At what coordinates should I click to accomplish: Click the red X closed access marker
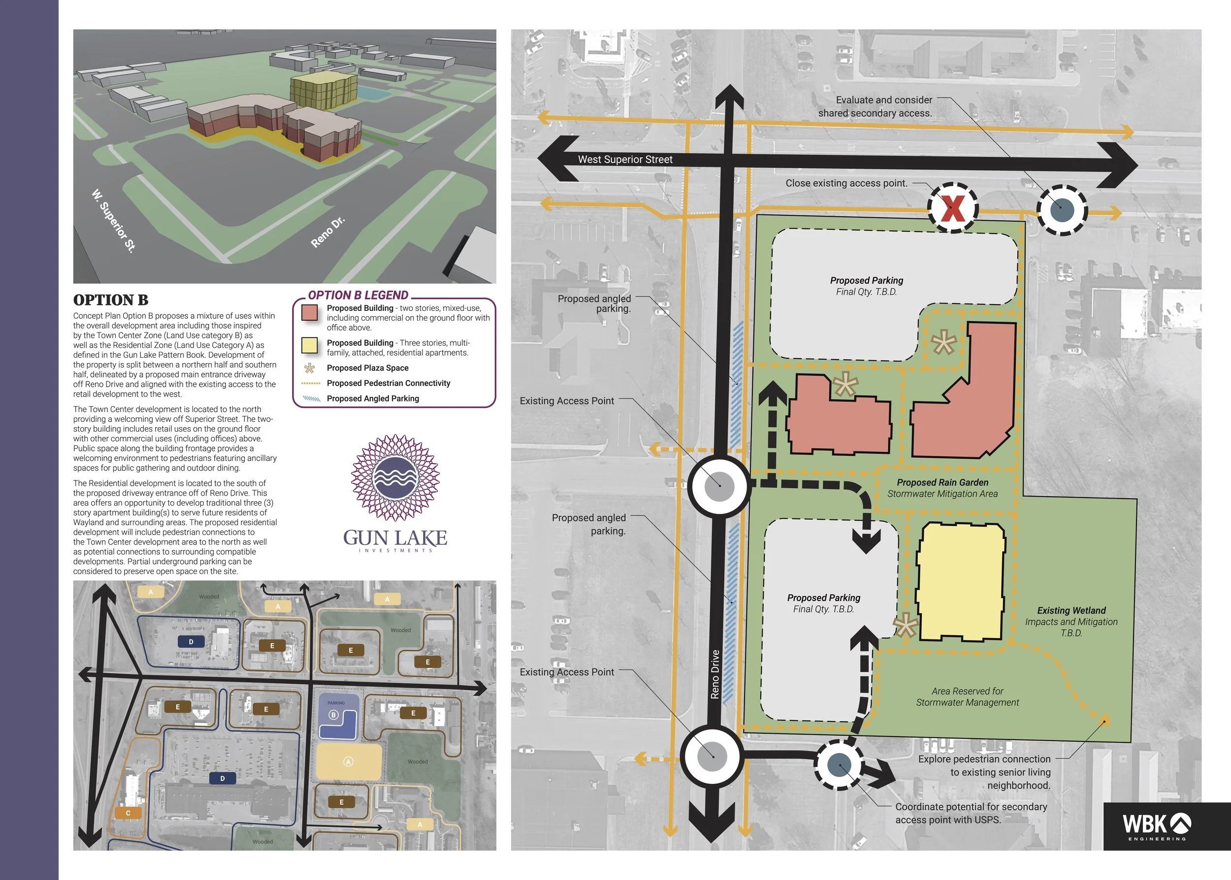[x=953, y=208]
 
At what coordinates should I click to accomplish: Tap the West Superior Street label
[x=625, y=159]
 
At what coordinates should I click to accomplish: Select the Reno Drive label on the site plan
[x=715, y=674]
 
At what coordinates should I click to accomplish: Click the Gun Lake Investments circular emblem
[x=395, y=478]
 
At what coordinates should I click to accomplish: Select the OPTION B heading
[x=110, y=300]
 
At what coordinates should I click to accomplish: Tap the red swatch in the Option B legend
[x=309, y=313]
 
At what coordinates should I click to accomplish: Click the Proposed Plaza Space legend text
[x=368, y=368]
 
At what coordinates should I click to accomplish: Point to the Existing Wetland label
[x=1071, y=610]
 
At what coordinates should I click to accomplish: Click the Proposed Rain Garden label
[x=942, y=482]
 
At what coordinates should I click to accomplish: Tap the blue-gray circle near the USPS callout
[x=840, y=765]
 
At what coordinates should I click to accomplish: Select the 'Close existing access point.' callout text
[x=846, y=183]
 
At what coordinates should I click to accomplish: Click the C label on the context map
[x=129, y=813]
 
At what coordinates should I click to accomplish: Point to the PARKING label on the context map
[x=336, y=703]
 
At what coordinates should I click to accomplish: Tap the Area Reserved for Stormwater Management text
[x=967, y=697]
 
